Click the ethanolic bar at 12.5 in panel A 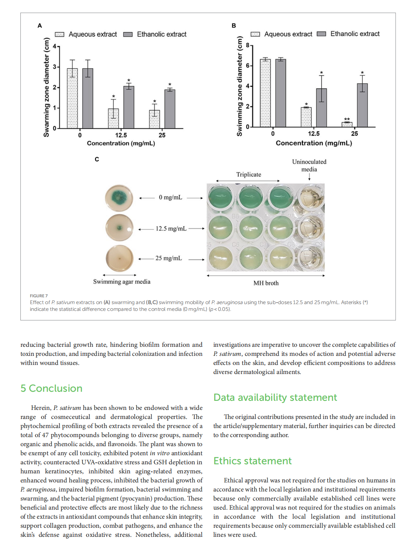[129, 107]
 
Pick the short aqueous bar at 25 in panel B [347, 124]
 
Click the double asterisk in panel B [347, 119]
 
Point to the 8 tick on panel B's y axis [248, 45]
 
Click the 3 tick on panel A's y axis [54, 67]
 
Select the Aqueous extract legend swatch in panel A [59, 34]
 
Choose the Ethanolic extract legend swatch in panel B [321, 34]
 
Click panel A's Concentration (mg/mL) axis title [121, 143]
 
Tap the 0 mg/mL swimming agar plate [119, 198]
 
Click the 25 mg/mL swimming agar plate [120, 259]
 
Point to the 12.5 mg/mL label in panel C [171, 229]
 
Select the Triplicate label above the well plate [248, 175]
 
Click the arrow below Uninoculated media [309, 177]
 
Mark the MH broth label [266, 283]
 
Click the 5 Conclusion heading [51, 388]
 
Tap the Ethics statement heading [252, 461]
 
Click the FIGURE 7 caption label [39, 296]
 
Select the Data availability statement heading [275, 397]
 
